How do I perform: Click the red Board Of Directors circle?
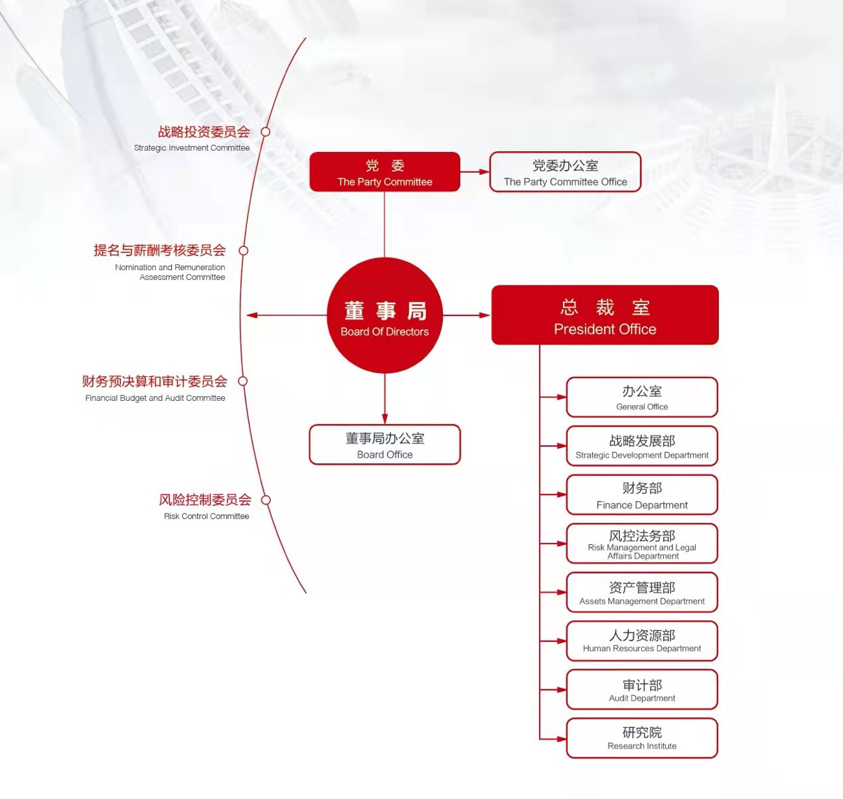(384, 315)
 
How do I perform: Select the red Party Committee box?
(384, 172)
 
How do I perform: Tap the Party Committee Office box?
(565, 172)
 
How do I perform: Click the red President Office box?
(605, 315)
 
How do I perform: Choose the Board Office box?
(384, 445)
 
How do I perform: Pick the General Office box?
(642, 397)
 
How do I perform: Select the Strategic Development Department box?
(642, 445)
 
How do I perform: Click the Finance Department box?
(642, 494)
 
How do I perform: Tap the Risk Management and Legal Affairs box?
(642, 544)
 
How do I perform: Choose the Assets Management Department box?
(642, 592)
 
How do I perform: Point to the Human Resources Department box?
(642, 641)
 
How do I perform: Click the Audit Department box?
(642, 690)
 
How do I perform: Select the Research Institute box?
(642, 739)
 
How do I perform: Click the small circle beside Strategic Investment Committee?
(266, 131)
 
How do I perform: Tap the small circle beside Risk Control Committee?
(266, 500)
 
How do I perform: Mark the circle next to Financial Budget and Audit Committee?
(243, 381)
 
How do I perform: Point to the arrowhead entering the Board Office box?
(384, 419)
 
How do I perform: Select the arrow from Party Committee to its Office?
(475, 172)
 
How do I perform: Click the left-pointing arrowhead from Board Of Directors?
(252, 315)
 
